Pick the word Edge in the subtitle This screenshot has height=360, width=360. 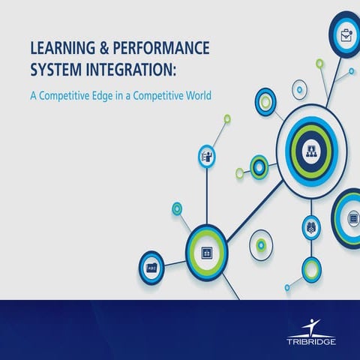115,96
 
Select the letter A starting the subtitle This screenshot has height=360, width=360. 33,95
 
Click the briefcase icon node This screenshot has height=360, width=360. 346,34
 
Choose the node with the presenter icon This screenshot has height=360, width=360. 206,156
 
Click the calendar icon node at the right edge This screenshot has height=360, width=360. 353,218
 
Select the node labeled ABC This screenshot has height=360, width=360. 151,265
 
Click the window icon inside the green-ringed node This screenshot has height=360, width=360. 205,253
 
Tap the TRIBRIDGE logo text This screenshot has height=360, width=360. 310,341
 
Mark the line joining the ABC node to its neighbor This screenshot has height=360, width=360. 174,261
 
